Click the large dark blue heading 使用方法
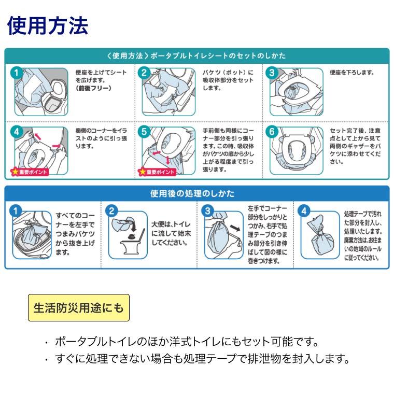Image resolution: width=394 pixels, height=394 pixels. pyautogui.click(x=47, y=25)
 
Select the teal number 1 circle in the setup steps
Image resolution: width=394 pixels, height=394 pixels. pyautogui.click(x=19, y=74)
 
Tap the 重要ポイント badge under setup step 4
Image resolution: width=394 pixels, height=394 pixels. pyautogui.click(x=29, y=172)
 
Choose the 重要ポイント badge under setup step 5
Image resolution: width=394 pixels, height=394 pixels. pyautogui.click(x=157, y=172)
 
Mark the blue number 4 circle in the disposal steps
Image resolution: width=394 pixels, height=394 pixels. pyautogui.click(x=305, y=210)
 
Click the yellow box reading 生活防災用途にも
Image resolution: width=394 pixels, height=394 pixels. pyautogui.click(x=78, y=308)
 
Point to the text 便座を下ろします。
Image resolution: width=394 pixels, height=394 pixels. pyautogui.click(x=351, y=73)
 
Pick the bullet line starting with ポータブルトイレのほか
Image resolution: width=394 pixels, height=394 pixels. pyautogui.click(x=187, y=342)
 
